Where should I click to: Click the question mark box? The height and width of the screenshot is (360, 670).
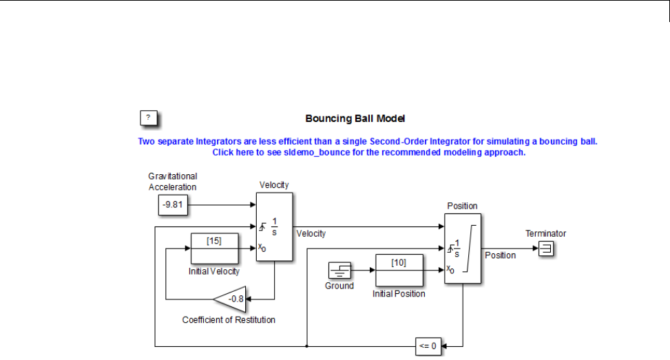(149, 118)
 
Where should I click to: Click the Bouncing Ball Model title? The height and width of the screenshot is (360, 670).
(359, 118)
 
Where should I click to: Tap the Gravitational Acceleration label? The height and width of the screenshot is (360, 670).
(173, 182)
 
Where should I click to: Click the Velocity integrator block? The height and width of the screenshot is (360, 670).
(274, 227)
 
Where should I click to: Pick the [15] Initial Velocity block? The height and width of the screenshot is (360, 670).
(214, 248)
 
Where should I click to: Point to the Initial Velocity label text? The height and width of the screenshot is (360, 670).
(214, 271)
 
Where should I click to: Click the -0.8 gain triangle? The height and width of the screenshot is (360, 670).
(231, 299)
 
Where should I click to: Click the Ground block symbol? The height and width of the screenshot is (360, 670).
(339, 271)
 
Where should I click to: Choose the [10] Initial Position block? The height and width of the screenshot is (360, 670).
(399, 271)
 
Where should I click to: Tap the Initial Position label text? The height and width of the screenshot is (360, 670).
(399, 294)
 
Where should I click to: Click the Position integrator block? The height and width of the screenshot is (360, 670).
(463, 248)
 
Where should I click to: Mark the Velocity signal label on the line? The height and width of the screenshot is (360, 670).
(311, 234)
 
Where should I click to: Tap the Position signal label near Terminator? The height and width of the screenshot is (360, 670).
(500, 255)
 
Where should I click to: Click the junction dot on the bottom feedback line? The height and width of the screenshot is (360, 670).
(306, 346)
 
